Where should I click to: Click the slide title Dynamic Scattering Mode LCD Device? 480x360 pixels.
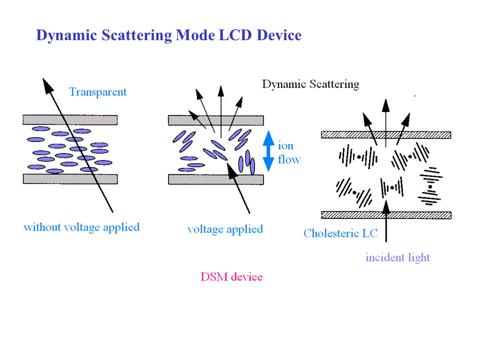(168, 35)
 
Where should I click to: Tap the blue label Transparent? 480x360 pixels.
(97, 92)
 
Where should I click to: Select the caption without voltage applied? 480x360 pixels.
(81, 227)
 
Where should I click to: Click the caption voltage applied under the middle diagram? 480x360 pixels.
(225, 229)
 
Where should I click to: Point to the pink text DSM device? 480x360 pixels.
(231, 276)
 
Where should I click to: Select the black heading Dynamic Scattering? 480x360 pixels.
(310, 84)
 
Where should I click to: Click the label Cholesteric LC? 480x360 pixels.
(340, 233)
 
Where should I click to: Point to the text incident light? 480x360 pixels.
(397, 257)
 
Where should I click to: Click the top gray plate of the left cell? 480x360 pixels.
(70, 120)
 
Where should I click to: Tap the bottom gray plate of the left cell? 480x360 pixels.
(70, 178)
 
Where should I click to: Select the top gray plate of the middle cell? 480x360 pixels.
(216, 120)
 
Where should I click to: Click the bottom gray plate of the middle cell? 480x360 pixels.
(216, 179)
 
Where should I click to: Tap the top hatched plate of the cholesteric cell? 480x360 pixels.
(386, 134)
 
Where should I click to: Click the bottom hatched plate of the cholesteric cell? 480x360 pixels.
(386, 215)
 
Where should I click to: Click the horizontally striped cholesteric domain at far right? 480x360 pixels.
(430, 186)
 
